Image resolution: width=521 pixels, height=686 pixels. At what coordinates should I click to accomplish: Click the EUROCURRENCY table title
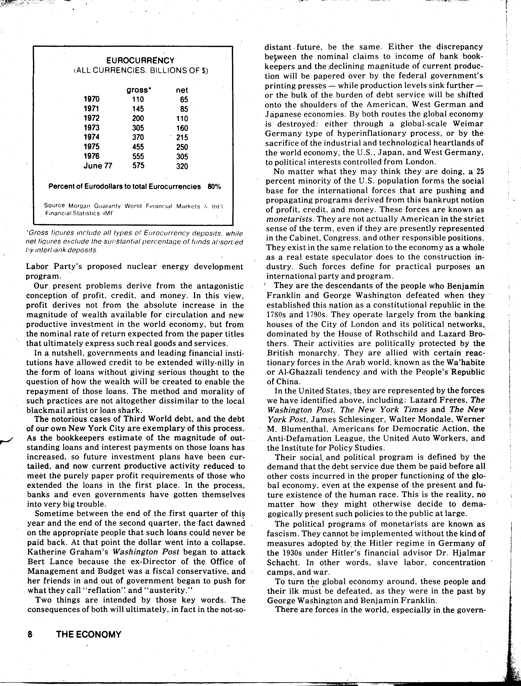pyautogui.click(x=140, y=60)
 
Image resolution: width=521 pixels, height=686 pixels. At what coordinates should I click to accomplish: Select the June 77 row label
pyautogui.click(x=98, y=166)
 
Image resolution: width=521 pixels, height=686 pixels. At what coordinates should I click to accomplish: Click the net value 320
pyautogui.click(x=182, y=166)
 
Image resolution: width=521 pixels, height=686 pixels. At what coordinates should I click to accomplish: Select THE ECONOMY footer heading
pyautogui.click(x=89, y=635)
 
